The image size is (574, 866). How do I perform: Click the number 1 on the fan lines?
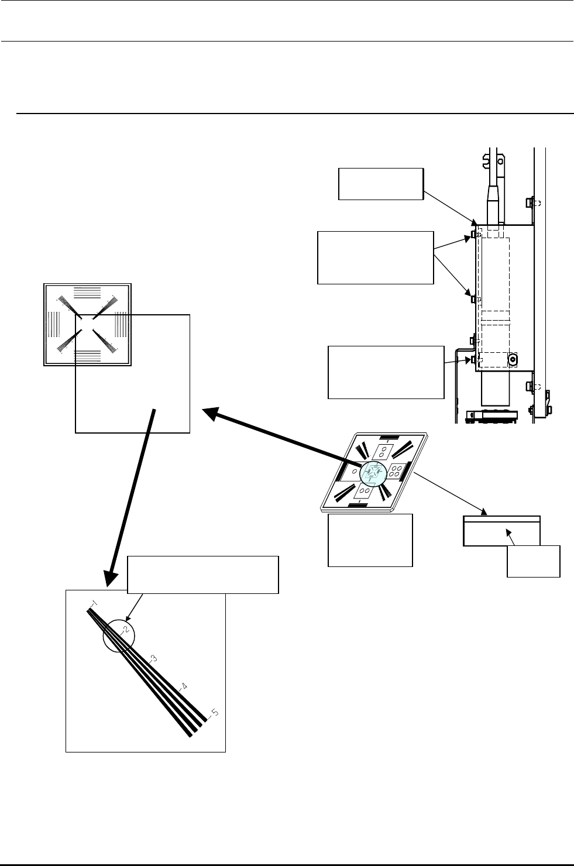95,603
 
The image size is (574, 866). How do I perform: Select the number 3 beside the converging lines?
153,658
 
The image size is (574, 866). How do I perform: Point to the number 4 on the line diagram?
184,686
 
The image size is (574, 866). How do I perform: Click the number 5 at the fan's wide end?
215,712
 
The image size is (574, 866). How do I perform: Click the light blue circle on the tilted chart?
373,473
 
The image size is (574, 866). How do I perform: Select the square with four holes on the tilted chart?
394,471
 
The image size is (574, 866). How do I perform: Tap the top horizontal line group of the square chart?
87,293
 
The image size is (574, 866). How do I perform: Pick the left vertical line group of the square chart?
54,324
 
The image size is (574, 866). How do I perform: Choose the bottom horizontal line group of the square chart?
87,355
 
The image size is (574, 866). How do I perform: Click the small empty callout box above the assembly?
381,184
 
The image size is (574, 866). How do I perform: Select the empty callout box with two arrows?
375,258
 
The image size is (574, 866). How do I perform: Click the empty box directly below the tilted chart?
370,540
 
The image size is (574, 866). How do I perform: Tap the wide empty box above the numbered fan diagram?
203,575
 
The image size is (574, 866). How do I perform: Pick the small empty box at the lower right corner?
534,561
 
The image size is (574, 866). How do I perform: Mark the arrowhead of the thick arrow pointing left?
210,413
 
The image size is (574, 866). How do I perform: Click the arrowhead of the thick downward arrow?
111,579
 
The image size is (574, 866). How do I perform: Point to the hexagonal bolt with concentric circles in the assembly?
513,360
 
